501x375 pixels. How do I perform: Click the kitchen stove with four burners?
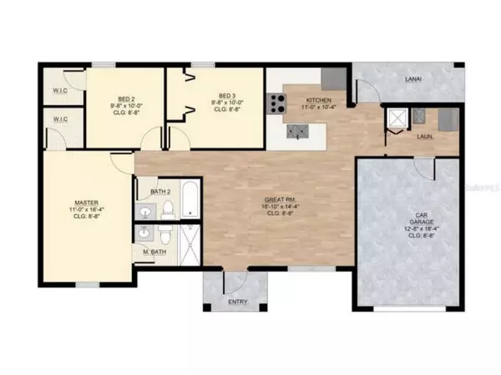coord(276,104)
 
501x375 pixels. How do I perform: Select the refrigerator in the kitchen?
coord(332,77)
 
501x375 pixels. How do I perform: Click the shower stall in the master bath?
coord(190,246)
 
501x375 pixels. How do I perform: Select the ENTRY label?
coord(237,302)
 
